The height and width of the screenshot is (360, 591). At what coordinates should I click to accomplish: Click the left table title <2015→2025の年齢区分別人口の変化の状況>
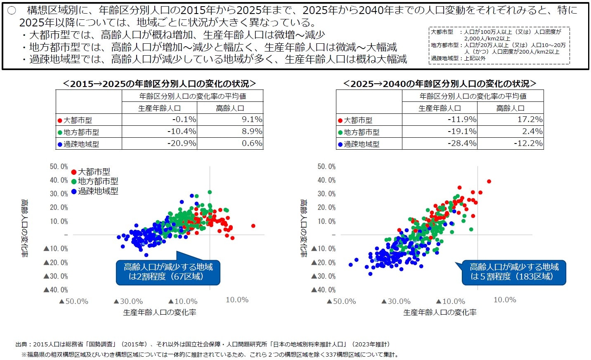pos(159,84)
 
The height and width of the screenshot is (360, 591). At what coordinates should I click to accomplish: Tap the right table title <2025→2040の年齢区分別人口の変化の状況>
pos(440,84)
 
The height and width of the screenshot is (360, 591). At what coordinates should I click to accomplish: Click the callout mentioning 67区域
pos(168,272)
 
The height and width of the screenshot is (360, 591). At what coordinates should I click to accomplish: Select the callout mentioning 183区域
pos(514,272)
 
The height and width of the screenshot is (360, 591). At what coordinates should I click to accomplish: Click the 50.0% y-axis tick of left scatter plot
pos(59,167)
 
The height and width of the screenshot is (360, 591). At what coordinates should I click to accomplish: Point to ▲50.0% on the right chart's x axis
pos(341,301)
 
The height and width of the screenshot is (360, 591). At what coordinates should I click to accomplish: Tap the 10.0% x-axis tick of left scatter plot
pos(237,300)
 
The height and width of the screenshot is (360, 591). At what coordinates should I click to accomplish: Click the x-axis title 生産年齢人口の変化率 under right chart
pos(440,313)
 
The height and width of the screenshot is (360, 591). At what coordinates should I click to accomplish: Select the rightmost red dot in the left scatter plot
pos(253,226)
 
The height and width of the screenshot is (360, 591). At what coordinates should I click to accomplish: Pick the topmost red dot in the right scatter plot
pos(489,181)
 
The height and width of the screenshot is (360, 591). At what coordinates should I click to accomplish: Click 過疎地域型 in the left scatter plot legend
pos(98,191)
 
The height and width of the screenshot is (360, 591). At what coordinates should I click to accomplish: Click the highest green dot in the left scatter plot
pos(210,192)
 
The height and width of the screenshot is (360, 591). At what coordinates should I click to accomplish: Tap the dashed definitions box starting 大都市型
pos(499,45)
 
